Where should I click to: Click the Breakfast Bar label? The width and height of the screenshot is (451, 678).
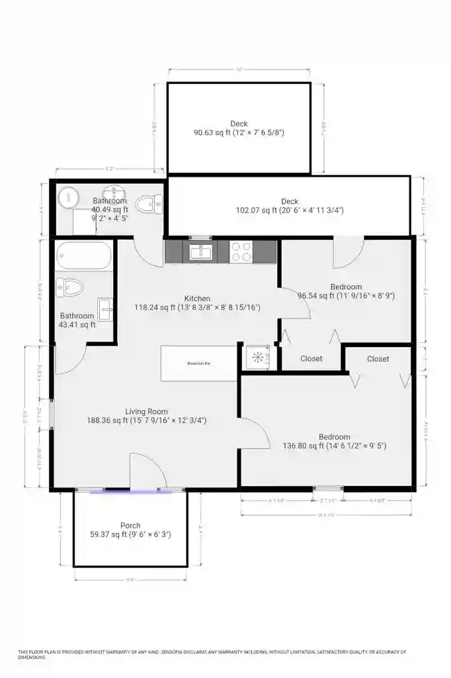coord(198,363)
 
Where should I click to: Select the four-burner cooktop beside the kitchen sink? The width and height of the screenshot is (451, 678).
coord(241,252)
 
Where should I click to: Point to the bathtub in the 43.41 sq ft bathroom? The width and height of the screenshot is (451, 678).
coord(84,255)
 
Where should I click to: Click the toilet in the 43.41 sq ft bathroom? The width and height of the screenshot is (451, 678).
coord(69,287)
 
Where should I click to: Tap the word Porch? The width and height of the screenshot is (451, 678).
coord(130,526)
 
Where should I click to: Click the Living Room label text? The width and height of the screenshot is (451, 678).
coord(147,411)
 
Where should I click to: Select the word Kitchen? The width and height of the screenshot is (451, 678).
coord(197,299)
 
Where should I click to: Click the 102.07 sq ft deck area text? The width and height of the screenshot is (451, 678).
coord(289,211)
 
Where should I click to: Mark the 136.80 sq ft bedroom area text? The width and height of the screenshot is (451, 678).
coord(334,446)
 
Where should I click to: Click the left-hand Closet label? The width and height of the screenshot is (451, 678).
coord(311,359)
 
